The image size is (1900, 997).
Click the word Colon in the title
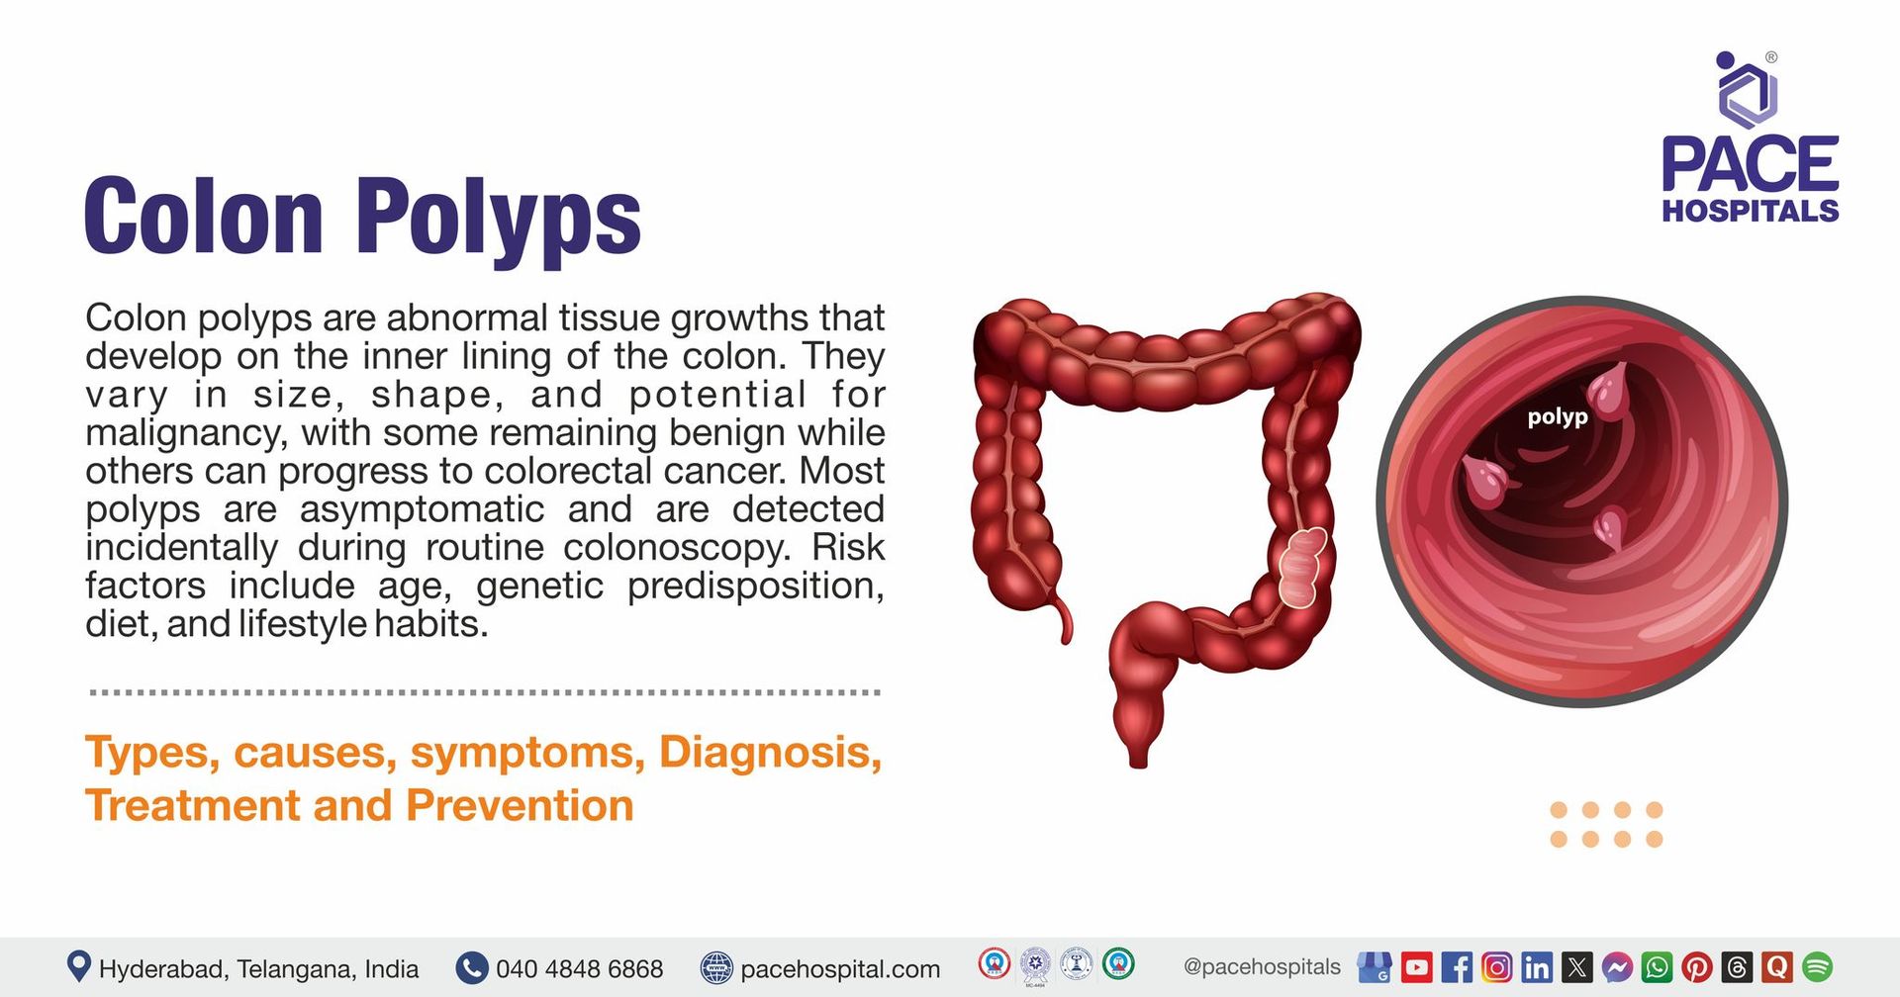tap(204, 216)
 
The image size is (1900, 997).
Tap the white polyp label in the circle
tap(1558, 417)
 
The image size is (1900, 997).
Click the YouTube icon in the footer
tap(1417, 966)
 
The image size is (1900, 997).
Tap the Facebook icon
tap(1457, 966)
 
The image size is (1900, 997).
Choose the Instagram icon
tap(1497, 966)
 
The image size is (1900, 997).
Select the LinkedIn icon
tap(1537, 966)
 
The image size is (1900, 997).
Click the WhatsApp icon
tap(1657, 966)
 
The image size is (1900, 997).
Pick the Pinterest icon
tap(1697, 966)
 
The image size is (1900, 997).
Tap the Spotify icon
tap(1818, 966)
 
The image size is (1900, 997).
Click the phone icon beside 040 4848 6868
tap(472, 967)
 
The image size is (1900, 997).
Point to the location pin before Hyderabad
tap(78, 966)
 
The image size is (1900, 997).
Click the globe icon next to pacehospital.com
tap(716, 967)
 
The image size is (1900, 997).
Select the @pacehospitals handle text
tap(1262, 966)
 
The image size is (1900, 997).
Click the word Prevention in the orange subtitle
tap(520, 805)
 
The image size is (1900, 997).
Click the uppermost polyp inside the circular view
tap(1609, 390)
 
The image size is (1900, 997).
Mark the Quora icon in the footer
tap(1777, 966)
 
